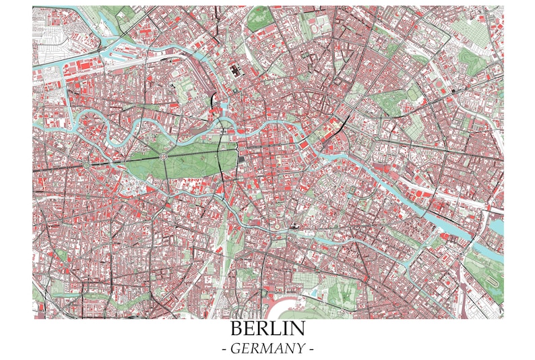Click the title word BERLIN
(x=267, y=329)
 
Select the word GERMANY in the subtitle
(x=267, y=349)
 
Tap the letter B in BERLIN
(x=236, y=329)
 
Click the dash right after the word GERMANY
(x=311, y=349)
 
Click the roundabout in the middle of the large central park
(x=163, y=157)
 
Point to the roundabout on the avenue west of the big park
(x=87, y=163)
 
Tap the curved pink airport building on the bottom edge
(x=282, y=309)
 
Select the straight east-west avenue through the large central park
(x=189, y=153)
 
